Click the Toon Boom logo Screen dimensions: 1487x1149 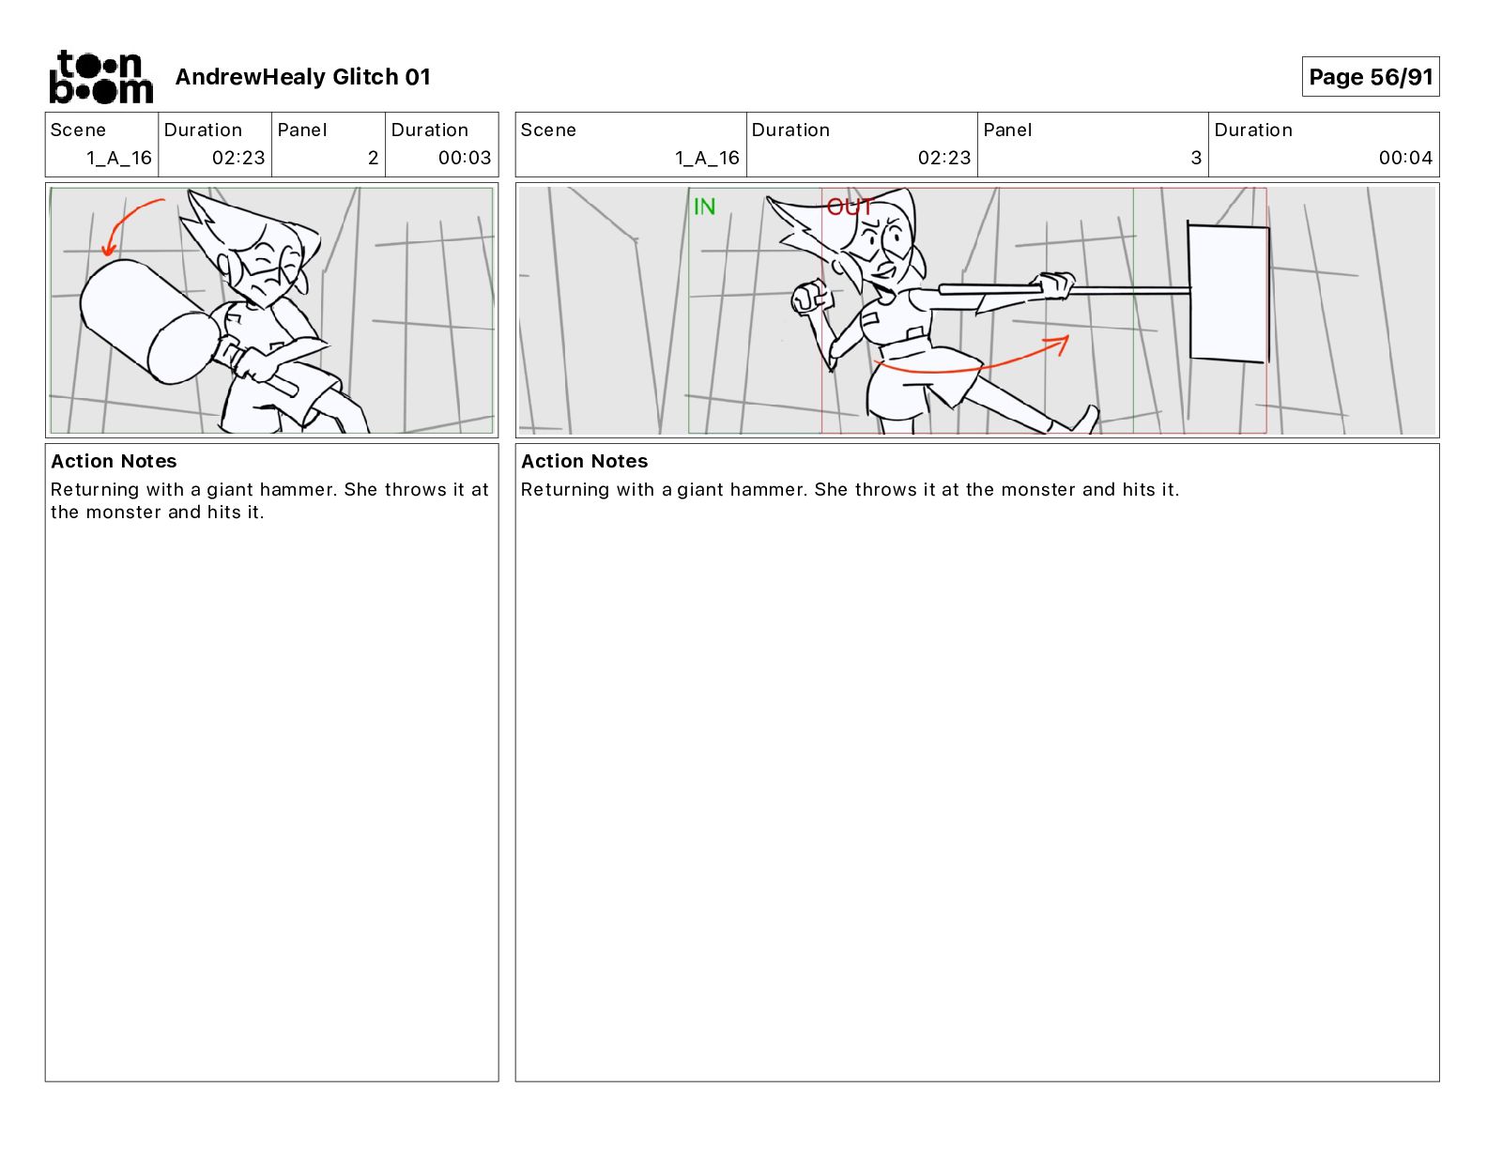coord(101,77)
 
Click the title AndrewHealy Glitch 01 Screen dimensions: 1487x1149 coord(302,77)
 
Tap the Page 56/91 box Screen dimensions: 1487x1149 coord(1370,77)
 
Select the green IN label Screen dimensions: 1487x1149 coord(704,207)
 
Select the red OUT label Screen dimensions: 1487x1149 coord(850,207)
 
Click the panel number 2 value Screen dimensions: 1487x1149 coord(373,158)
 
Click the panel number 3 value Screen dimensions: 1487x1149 coord(1196,158)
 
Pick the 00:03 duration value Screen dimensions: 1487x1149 coord(465,158)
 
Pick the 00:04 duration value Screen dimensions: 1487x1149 coord(1405,158)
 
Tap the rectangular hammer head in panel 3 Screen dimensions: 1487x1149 coord(1228,292)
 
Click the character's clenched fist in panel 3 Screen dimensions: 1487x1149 coord(811,297)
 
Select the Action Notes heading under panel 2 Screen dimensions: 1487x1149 coord(114,461)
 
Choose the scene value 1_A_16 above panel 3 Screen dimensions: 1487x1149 coord(707,158)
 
